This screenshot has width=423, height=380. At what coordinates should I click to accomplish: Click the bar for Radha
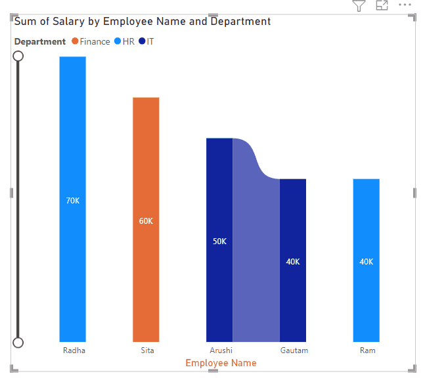point(72,131)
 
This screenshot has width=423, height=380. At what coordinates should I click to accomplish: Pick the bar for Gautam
point(293,217)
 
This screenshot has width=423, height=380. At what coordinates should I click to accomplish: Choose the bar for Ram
point(366,217)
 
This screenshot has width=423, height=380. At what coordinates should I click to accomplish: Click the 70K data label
point(72,201)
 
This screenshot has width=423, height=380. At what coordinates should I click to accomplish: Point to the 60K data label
point(146,221)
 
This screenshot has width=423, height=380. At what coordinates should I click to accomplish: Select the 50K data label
point(219,242)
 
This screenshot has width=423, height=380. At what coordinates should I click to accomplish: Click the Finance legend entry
point(91,41)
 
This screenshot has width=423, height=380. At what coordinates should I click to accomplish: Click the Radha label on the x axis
point(74,350)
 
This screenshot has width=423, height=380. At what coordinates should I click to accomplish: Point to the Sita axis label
point(147,350)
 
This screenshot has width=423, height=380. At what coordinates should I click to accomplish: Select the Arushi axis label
point(221,350)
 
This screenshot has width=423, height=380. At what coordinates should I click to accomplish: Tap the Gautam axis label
point(294,350)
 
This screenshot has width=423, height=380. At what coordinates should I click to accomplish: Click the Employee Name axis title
point(221,363)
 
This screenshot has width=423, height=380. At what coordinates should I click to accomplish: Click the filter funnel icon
point(358,6)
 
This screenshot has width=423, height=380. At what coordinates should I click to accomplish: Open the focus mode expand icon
point(382,6)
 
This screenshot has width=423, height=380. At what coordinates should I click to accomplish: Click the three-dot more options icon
point(404,5)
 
